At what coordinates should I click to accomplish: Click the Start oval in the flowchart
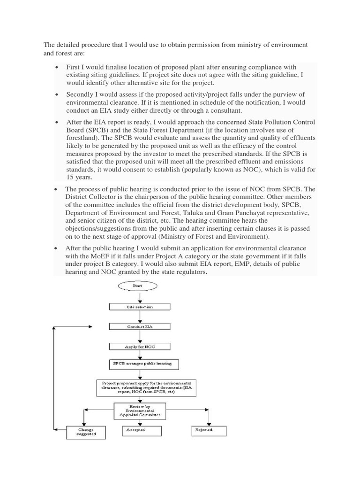[x=140, y=285]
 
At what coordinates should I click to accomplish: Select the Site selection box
[x=140, y=307]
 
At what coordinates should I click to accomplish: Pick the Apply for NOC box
[x=140, y=346]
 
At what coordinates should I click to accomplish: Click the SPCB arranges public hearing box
[x=140, y=364]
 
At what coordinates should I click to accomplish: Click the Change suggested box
[x=86, y=432]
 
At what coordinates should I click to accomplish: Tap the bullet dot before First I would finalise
[x=56, y=68]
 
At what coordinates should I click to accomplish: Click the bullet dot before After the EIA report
[x=56, y=122]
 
